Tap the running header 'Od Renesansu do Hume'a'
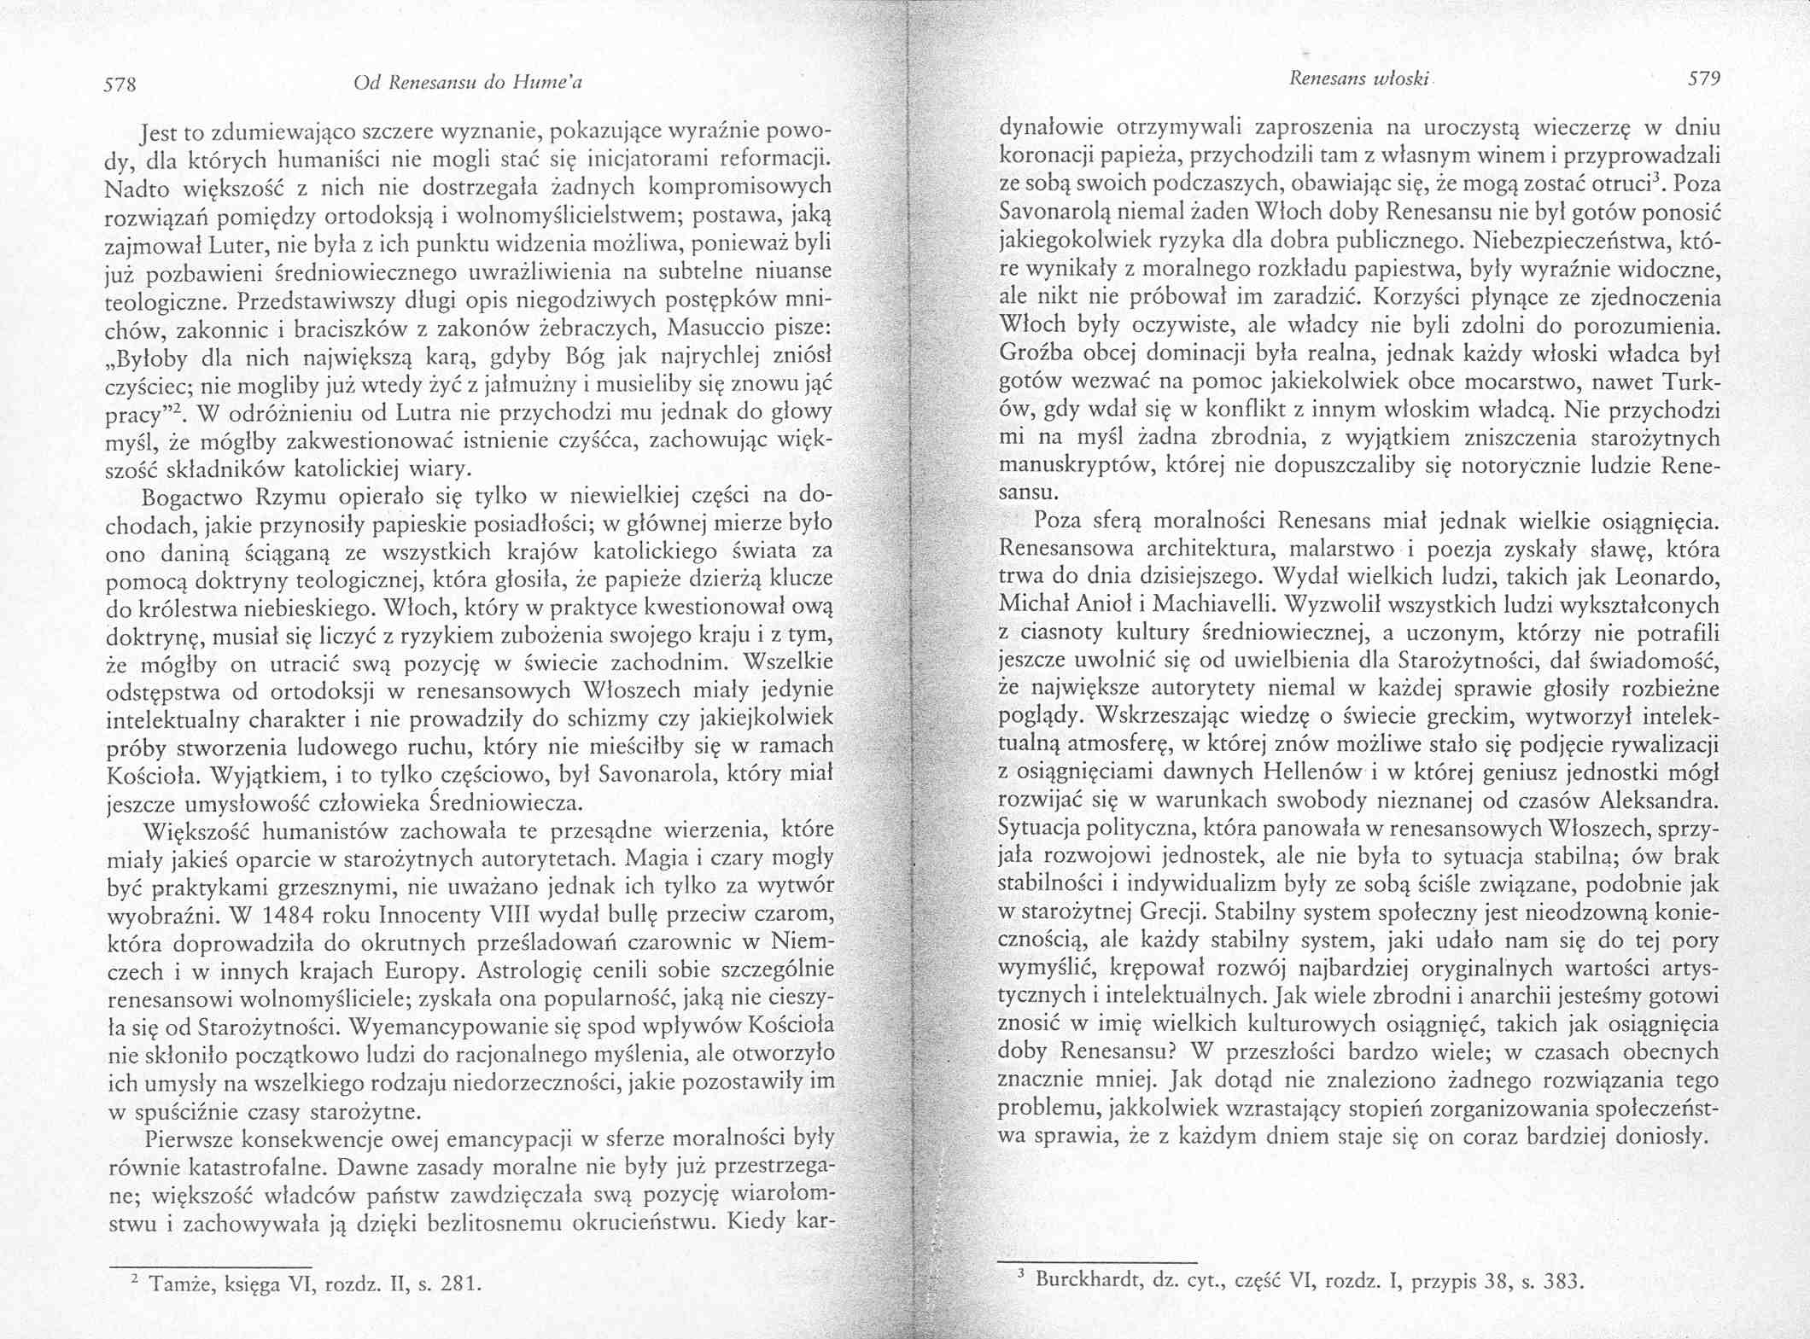click(x=467, y=84)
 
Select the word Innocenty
click(x=429, y=915)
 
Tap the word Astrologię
click(x=529, y=971)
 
